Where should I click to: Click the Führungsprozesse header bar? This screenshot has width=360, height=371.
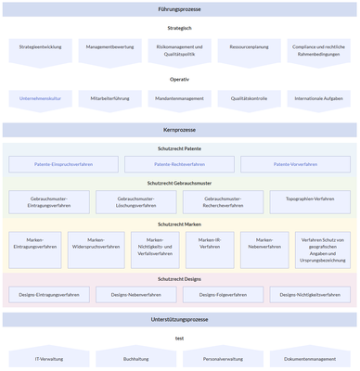click(180, 9)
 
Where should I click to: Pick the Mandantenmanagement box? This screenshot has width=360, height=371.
click(179, 96)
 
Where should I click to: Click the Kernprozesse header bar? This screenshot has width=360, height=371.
click(180, 130)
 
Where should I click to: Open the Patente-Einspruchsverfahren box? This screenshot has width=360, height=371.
click(64, 164)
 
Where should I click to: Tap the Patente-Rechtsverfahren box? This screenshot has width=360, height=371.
click(179, 164)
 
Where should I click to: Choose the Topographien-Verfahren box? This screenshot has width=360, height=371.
click(310, 201)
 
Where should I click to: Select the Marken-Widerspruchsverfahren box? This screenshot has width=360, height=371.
click(96, 247)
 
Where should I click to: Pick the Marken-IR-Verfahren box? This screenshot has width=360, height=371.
click(209, 247)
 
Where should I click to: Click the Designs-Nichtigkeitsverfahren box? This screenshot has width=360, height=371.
click(310, 295)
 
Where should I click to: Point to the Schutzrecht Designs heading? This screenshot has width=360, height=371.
click(179, 278)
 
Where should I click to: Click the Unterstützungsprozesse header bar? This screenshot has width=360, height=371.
click(180, 319)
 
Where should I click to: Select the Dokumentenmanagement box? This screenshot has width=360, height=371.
click(310, 358)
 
